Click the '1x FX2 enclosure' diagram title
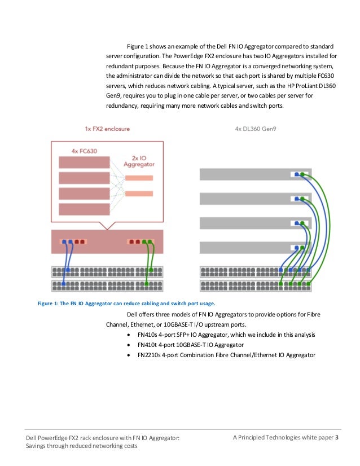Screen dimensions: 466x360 click(103, 129)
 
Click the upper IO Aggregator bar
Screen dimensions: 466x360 click(139, 178)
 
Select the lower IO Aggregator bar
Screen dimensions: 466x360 click(139, 194)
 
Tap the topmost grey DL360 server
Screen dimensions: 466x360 click(248, 174)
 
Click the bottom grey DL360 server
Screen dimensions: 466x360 click(248, 248)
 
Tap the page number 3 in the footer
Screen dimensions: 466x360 click(337, 438)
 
